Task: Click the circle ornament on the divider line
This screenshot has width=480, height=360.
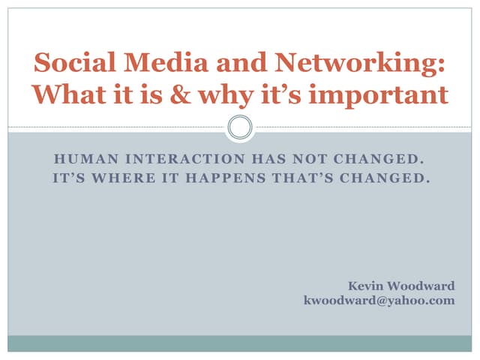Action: coord(240,127)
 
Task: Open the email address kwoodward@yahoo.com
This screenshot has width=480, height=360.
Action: coord(379,301)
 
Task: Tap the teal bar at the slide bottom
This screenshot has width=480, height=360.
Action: coord(240,343)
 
